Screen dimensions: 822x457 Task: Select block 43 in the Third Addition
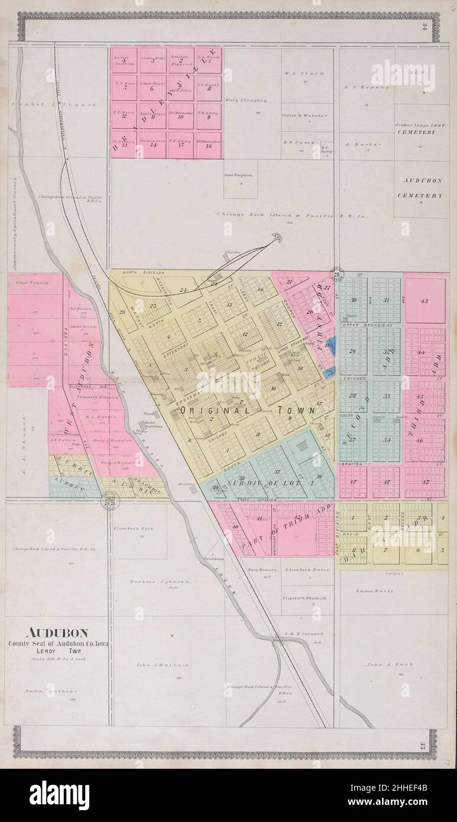click(x=424, y=301)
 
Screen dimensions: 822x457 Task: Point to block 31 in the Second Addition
click(x=387, y=300)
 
